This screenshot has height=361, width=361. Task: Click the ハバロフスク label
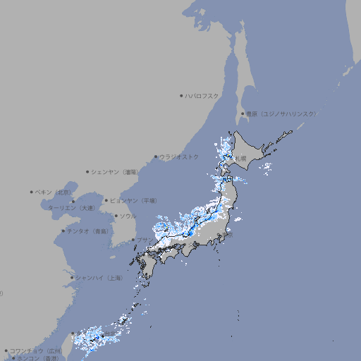(x=203, y=95)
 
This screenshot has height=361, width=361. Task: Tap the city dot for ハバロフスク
(x=182, y=95)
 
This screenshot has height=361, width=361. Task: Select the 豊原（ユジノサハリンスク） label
(x=281, y=114)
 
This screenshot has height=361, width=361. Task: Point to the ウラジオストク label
(x=180, y=157)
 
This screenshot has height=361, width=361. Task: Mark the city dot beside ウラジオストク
(x=157, y=157)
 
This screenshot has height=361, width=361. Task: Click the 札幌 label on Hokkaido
(x=241, y=159)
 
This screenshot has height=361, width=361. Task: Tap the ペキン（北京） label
(x=54, y=192)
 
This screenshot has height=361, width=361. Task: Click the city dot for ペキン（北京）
(x=32, y=192)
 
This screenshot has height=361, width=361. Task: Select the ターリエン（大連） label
(x=71, y=209)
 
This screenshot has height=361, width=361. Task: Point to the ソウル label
(x=128, y=216)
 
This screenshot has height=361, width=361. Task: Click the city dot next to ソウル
(x=115, y=216)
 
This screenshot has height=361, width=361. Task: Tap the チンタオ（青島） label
(x=88, y=231)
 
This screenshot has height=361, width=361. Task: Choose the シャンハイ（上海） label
(x=99, y=278)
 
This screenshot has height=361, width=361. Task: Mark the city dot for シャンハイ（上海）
(x=72, y=278)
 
